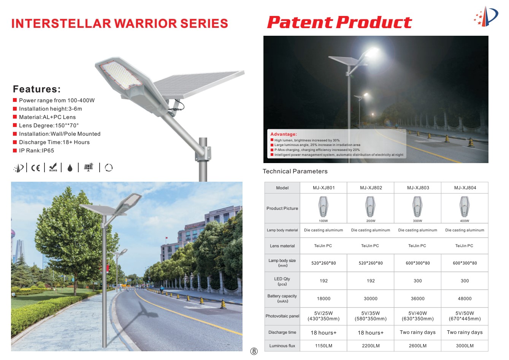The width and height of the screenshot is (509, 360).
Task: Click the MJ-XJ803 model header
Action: click(418, 188)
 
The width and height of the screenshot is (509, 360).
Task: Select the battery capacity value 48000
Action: click(465, 298)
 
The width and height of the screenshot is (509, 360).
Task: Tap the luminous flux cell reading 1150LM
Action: click(323, 346)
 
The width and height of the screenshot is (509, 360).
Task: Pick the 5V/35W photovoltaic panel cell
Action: click(370, 316)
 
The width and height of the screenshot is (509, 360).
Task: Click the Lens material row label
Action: click(282, 246)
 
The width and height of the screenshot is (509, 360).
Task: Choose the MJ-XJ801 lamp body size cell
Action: click(323, 263)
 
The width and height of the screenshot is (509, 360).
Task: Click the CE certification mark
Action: click(35, 168)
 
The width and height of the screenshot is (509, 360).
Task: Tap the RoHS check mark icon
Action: click(53, 167)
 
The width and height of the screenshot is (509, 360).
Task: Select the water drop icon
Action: click(70, 168)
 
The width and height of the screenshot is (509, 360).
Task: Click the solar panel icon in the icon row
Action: click(89, 167)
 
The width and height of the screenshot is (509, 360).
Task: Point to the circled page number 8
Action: click(254, 351)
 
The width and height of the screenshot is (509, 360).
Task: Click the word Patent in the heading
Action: click(300, 22)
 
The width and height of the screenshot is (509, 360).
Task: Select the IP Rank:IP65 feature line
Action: click(36, 151)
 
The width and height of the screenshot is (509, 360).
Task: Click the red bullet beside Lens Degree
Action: click(15, 125)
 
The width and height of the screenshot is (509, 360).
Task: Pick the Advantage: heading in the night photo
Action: click(284, 134)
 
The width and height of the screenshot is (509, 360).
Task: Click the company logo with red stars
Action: click(486, 16)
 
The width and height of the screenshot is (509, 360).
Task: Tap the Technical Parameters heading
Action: click(295, 171)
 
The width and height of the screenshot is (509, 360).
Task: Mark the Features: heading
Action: click(37, 89)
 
